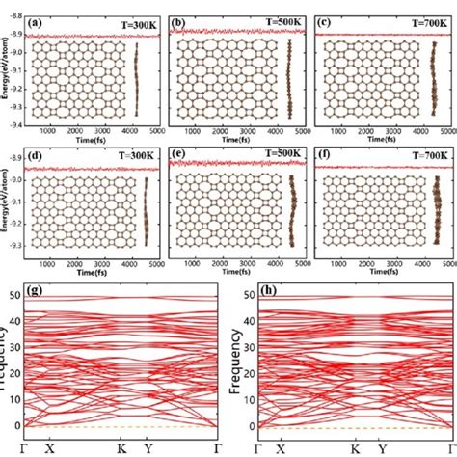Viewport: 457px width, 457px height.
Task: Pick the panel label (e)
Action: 179,154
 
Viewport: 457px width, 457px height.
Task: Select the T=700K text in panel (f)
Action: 417,154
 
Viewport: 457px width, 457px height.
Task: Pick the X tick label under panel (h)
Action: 280,448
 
